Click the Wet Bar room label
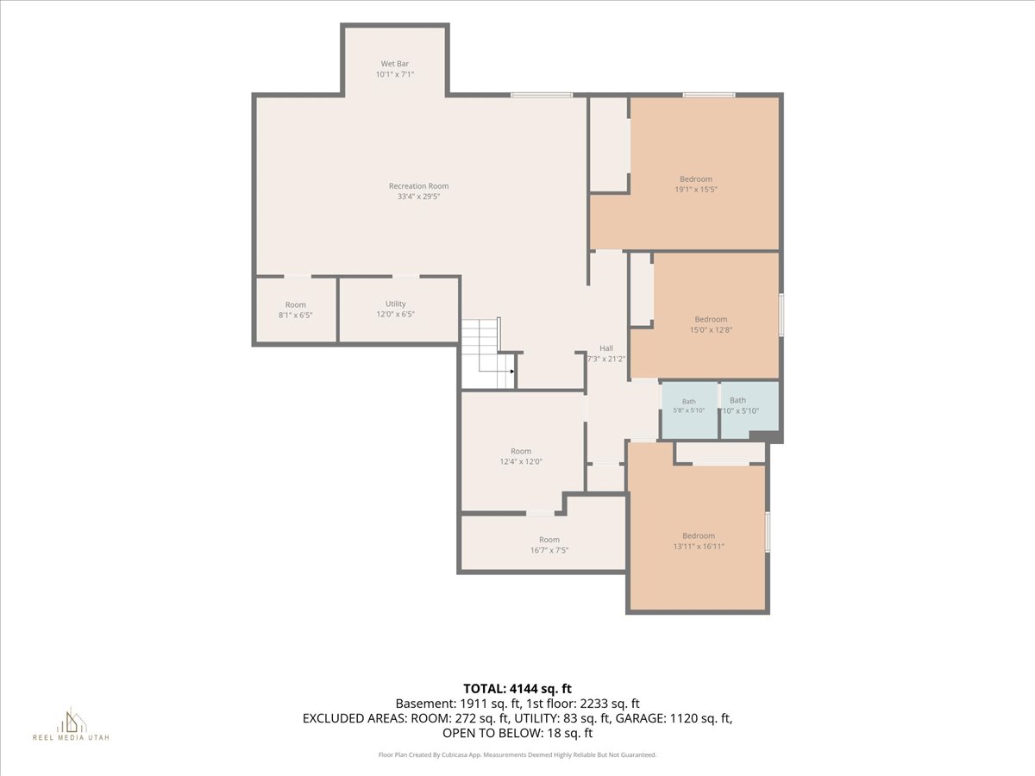click(395, 64)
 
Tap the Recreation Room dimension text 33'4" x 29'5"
click(418, 197)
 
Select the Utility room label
click(395, 304)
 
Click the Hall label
click(606, 348)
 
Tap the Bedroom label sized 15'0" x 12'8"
click(711, 319)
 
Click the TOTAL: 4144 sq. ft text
click(517, 689)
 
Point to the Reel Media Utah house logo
click(71, 721)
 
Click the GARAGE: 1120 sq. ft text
click(699, 718)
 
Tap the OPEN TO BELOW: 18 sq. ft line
click(517, 733)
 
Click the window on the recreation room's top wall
click(542, 95)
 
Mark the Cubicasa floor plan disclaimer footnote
click(517, 754)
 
